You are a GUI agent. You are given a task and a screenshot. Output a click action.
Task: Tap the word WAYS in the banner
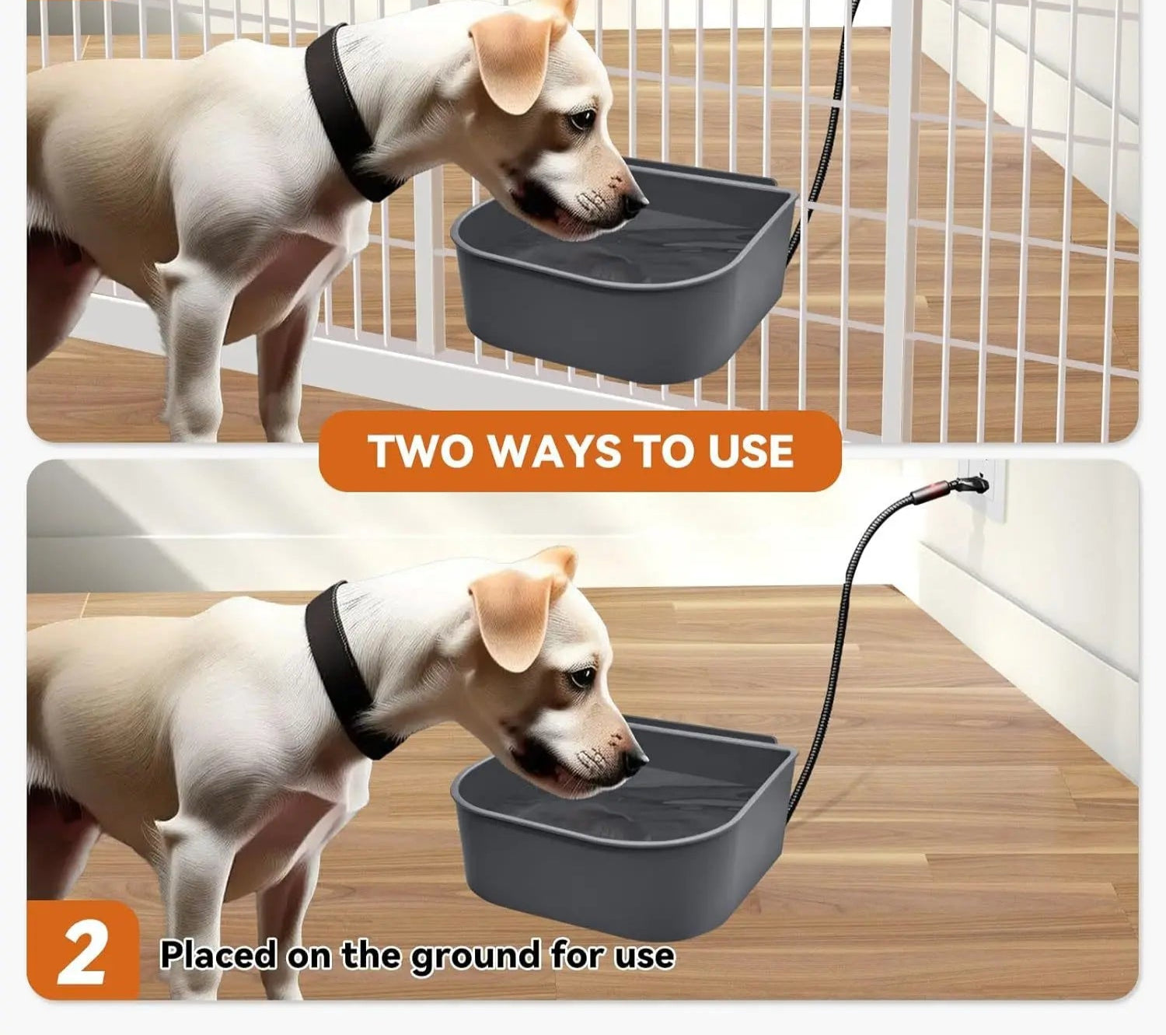pyautogui.click(x=555, y=451)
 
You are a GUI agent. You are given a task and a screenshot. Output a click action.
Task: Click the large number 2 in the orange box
pyautogui.click(x=82, y=955)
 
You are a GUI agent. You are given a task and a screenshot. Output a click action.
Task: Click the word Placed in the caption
pyautogui.click(x=218, y=954)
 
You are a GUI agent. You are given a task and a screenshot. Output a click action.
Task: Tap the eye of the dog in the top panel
pyautogui.click(x=582, y=119)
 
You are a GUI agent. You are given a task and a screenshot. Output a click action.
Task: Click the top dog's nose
pyautogui.click(x=635, y=205)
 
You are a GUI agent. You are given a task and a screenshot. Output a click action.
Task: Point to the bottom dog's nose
pyautogui.click(x=635, y=762)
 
